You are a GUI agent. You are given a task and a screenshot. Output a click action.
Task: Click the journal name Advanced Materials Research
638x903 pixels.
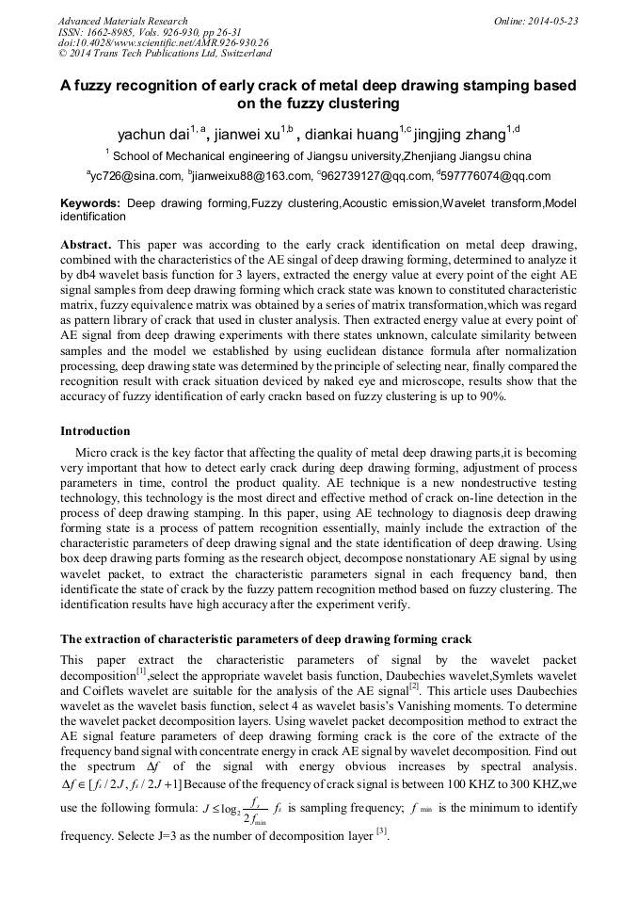pyautogui.click(x=122, y=20)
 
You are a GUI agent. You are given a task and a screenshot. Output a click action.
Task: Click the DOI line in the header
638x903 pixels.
pyautogui.click(x=163, y=42)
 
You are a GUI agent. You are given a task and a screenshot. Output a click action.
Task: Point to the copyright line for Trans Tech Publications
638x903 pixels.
pyautogui.click(x=165, y=54)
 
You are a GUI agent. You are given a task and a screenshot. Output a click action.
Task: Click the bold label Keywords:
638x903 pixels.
pyautogui.click(x=90, y=203)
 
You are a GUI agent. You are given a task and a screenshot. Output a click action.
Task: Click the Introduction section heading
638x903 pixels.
pyautogui.click(x=95, y=431)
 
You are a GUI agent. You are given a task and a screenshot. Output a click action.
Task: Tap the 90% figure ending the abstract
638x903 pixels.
pyautogui.click(x=492, y=396)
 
